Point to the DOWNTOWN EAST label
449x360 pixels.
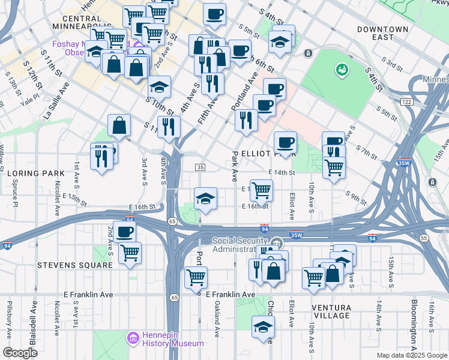tap(382, 33)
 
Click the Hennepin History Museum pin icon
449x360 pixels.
tap(133, 339)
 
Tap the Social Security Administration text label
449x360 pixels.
tap(238, 245)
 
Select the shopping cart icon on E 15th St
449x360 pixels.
tap(261, 190)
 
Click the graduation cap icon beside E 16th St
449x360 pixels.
tap(205, 198)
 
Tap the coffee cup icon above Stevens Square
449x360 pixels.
tap(125, 232)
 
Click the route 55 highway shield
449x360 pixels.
tap(424, 238)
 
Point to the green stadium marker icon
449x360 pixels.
tap(342, 70)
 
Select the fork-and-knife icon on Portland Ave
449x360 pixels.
tap(246, 120)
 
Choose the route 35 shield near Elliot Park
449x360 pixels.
tap(200, 167)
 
